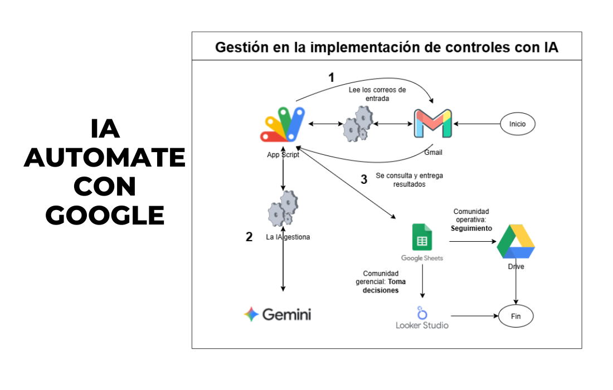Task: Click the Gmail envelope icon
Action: click(433, 124)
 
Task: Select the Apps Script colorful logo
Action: click(283, 125)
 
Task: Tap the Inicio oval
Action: click(518, 124)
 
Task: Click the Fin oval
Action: click(515, 316)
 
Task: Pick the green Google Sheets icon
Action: click(422, 237)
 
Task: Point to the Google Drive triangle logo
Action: click(515, 241)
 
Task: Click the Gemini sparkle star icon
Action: click(251, 314)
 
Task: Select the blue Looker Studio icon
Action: click(422, 313)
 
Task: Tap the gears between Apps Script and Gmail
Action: click(358, 124)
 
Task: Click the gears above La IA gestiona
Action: click(283, 209)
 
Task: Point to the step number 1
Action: click(332, 77)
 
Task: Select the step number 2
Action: click(249, 237)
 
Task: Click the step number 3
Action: click(364, 179)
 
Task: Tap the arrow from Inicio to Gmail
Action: click(476, 124)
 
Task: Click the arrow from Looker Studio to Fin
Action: click(475, 316)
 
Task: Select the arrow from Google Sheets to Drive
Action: click(473, 241)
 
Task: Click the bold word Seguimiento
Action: click(471, 228)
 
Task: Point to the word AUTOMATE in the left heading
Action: click(104, 158)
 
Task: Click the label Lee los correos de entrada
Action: click(377, 94)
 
